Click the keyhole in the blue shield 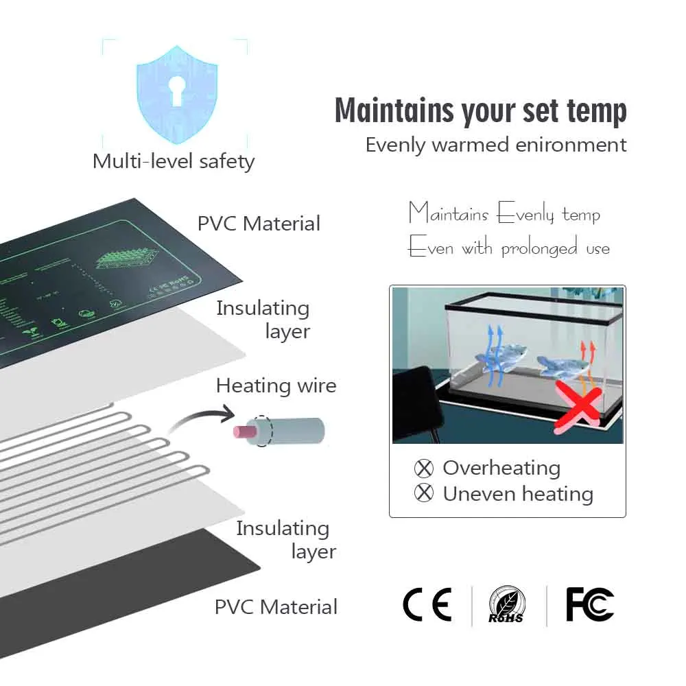click(x=177, y=90)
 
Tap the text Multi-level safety click(x=174, y=162)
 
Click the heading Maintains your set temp click(x=480, y=110)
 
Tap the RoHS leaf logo click(x=507, y=606)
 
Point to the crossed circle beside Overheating click(x=425, y=469)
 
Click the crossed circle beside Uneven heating click(x=425, y=493)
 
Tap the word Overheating click(x=501, y=469)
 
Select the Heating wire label click(x=276, y=386)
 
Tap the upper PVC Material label click(x=259, y=224)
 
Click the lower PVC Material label click(x=276, y=607)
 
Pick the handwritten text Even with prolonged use click(x=508, y=247)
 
